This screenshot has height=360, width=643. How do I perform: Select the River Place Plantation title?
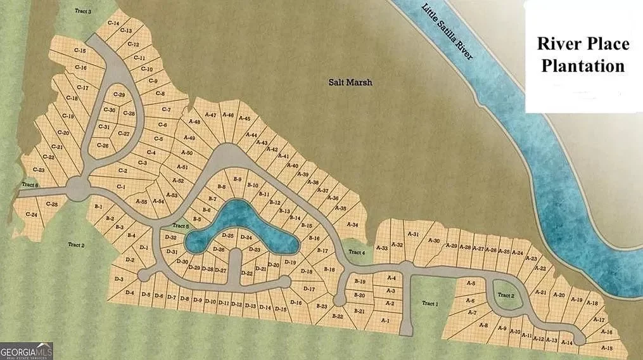[x=583, y=55]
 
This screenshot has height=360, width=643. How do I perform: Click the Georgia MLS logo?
[x=27, y=350]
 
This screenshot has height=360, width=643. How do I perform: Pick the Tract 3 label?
[x=82, y=11]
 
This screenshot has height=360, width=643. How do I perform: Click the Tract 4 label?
[x=358, y=253]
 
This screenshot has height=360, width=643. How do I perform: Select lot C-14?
[x=113, y=23]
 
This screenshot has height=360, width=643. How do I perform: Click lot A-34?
[x=353, y=224]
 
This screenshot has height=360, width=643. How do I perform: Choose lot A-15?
[x=606, y=348]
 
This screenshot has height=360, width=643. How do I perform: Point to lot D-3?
[x=118, y=279]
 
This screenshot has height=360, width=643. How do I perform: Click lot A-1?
[x=385, y=320]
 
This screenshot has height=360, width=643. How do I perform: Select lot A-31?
[x=413, y=235]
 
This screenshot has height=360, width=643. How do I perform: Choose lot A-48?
[x=194, y=122]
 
